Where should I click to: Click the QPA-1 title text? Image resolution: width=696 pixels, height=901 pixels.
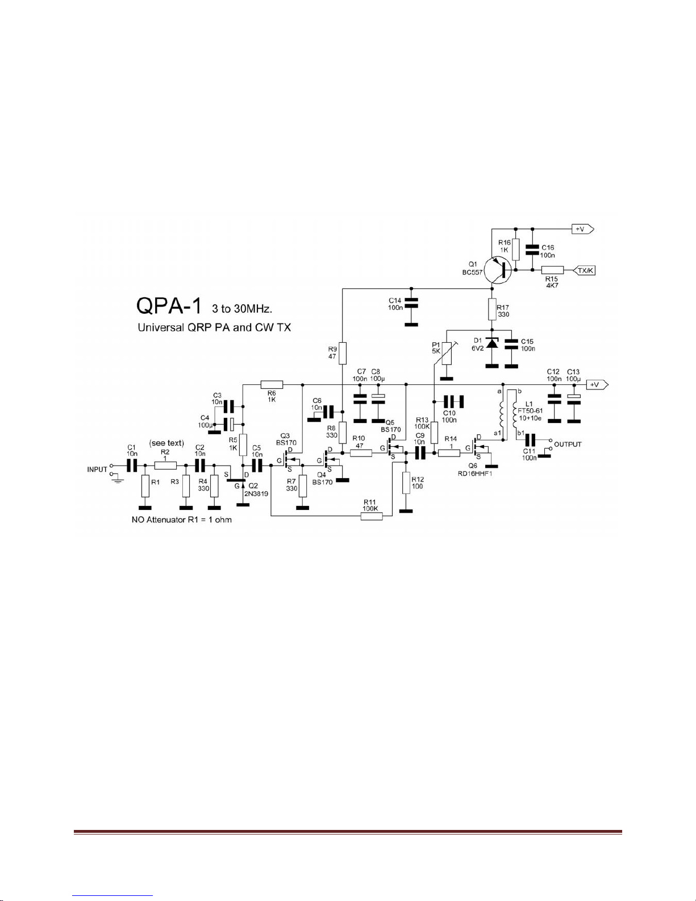point(169,306)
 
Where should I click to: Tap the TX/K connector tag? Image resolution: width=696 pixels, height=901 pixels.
point(584,271)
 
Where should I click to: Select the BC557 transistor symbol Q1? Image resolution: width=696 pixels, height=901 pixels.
point(497,270)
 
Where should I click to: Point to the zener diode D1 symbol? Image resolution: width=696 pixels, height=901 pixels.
point(492,344)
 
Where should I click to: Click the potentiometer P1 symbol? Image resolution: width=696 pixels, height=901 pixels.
point(447,353)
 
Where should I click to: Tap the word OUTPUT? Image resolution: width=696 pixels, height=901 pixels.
point(568,444)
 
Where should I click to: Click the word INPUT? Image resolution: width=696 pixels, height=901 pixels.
point(97,470)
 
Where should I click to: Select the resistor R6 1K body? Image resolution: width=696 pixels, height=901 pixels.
point(272,384)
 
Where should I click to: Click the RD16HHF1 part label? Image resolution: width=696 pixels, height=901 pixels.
point(477,473)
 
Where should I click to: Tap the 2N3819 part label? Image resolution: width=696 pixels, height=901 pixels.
point(256,493)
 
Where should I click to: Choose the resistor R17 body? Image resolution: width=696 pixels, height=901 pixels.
point(492,309)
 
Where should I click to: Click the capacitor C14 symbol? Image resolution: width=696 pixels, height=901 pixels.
point(411,303)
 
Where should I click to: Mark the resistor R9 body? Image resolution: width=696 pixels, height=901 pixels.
point(342,353)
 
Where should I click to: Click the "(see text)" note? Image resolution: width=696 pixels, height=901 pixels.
point(166,443)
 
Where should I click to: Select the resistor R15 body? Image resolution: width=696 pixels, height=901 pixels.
point(553,270)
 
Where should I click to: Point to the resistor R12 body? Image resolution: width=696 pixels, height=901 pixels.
point(406,483)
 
